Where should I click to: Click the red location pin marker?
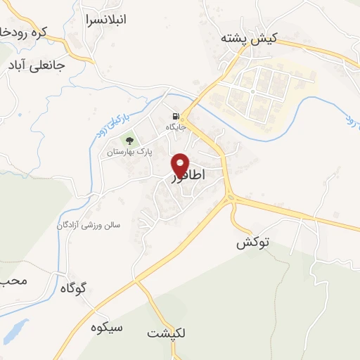pos(180,165)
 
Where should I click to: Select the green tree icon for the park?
pos(129,141)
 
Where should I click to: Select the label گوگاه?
pos(72,287)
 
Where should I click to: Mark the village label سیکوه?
pos(107,328)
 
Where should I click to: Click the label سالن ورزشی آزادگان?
pos(89,225)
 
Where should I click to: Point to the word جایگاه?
pos(174,127)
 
